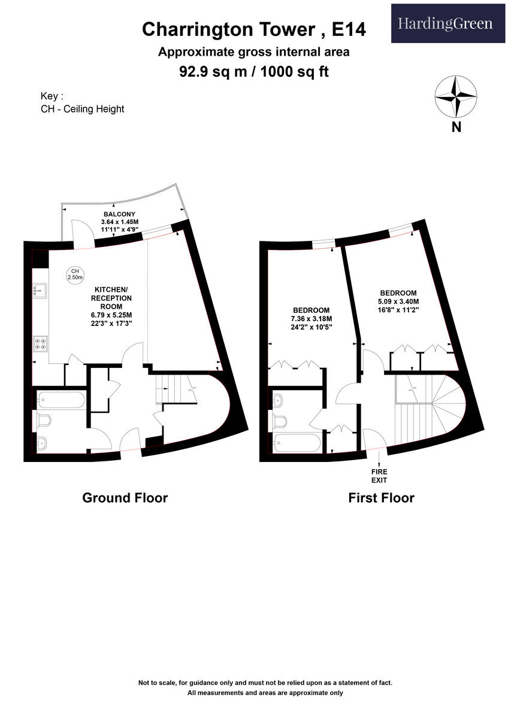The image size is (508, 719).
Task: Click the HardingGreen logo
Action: point(448,23)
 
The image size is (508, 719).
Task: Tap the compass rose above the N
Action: point(456,96)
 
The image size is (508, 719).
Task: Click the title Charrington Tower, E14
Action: point(253,29)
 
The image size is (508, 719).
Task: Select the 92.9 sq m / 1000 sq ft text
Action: point(253,71)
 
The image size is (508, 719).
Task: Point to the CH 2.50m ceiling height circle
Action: point(75,274)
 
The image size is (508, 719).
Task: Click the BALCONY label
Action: point(119,214)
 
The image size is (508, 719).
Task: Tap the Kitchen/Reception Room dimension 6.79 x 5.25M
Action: point(112,315)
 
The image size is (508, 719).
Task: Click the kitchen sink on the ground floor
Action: point(41,291)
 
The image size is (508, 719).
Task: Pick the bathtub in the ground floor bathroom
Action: point(61,400)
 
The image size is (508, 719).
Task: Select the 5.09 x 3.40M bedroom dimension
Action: point(398,301)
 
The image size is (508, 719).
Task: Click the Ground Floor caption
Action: point(125,497)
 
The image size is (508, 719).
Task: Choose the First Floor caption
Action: point(381,497)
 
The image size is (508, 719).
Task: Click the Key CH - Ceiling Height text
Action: point(82,102)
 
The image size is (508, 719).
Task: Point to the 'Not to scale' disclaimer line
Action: point(265,682)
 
